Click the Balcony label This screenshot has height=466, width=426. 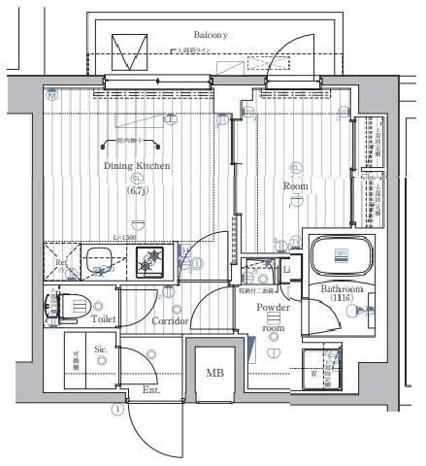tap(209, 34)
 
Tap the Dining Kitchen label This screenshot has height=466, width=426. tap(137, 166)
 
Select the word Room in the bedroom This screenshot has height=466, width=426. tap(295, 184)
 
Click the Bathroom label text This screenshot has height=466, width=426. tap(342, 290)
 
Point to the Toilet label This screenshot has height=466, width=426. tap(105, 317)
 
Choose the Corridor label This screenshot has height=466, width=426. tap(170, 320)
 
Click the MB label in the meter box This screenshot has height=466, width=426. tap(213, 372)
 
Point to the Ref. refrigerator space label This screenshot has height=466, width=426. tap(61, 262)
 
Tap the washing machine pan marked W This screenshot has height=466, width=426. tap(321, 368)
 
